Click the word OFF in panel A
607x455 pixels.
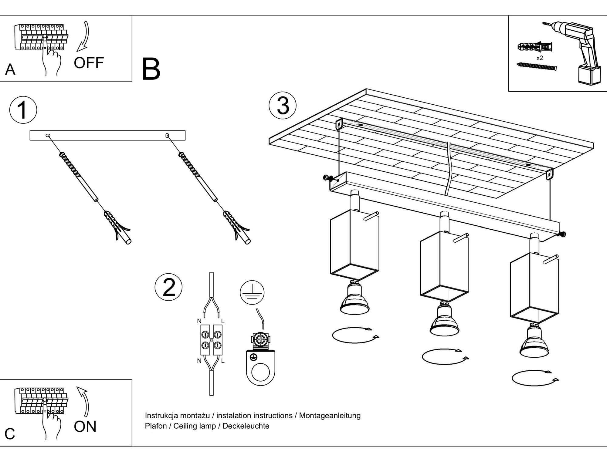89,63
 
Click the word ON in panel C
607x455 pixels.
85,426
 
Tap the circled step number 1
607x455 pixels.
23,110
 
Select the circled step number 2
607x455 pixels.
169,287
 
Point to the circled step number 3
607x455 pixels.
283,106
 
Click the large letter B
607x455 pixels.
151,69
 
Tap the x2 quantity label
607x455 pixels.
539,58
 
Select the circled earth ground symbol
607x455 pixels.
252,292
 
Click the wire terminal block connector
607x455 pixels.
211,340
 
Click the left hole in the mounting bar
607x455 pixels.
48,136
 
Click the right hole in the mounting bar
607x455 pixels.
167,135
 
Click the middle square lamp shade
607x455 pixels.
444,267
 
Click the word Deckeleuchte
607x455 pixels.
246,426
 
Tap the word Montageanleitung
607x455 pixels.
330,415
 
